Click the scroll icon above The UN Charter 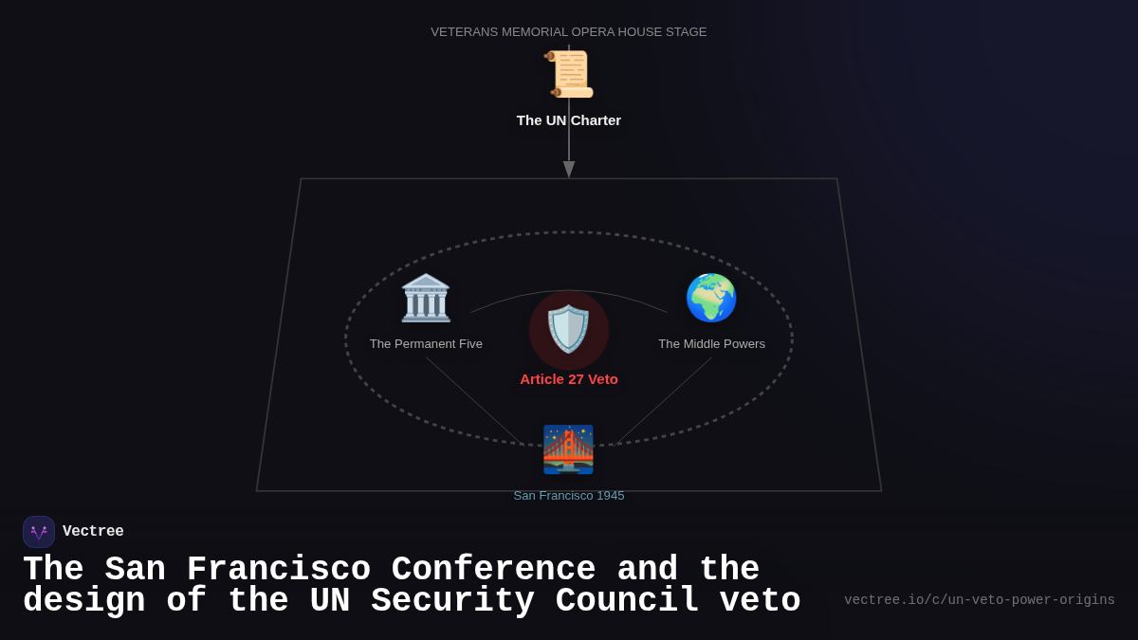coord(569,74)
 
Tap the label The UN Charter coord(569,120)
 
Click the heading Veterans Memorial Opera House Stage coord(569,31)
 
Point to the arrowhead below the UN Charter coord(569,169)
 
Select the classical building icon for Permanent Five coord(426,298)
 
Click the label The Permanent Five coord(426,343)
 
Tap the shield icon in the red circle coord(569,329)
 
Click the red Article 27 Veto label coord(569,379)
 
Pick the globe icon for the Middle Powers coord(711,298)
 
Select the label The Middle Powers coord(711,343)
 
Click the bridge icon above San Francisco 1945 coord(568,449)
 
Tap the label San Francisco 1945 coord(569,495)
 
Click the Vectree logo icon coord(39,532)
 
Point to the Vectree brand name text coord(93,532)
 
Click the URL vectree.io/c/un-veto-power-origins coord(979,600)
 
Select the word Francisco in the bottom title coord(279,570)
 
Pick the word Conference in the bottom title coord(493,570)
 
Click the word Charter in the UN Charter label coord(596,120)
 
